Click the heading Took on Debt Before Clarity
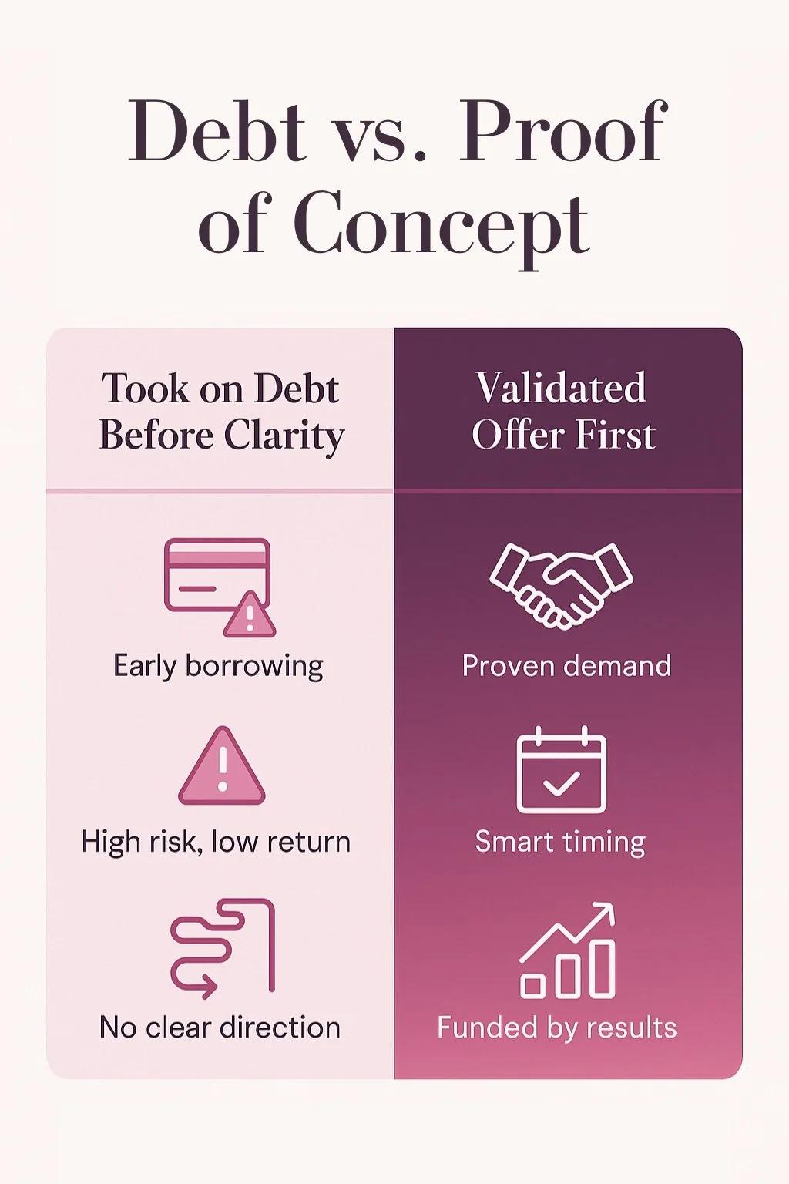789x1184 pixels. click(x=221, y=412)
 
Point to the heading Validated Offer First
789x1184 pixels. click(x=562, y=412)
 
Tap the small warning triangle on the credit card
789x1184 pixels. click(x=250, y=615)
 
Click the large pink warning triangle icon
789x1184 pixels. click(x=222, y=769)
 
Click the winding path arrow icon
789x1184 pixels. click(x=222, y=947)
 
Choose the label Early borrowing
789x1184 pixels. click(x=218, y=666)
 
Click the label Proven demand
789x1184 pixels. click(x=566, y=666)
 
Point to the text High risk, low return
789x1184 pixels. click(x=216, y=842)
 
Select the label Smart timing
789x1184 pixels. click(x=560, y=842)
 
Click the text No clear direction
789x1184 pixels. click(x=220, y=1028)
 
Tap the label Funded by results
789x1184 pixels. click(x=557, y=1028)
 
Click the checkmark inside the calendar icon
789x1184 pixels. click(x=562, y=784)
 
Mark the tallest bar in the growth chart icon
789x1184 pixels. click(x=602, y=968)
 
